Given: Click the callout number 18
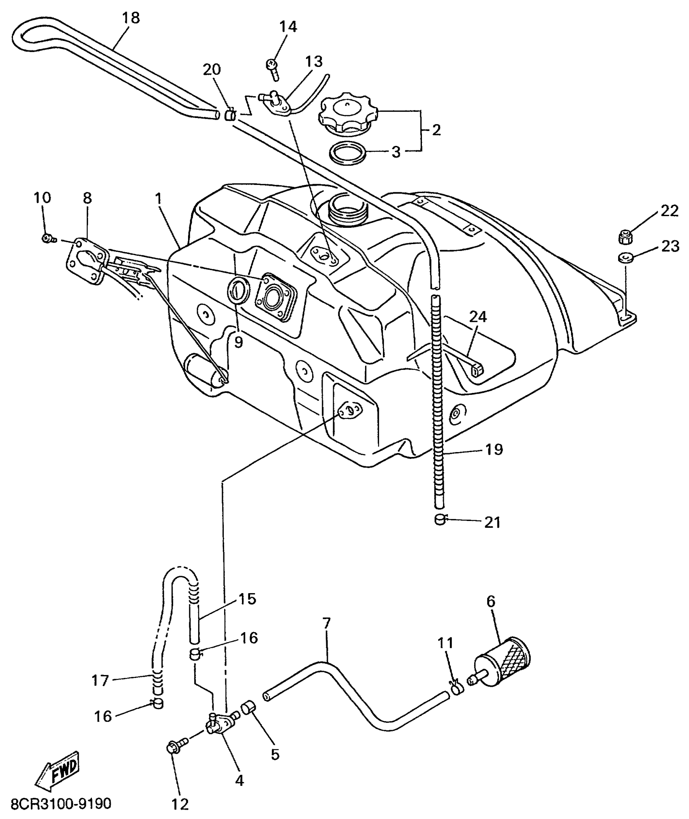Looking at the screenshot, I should click(x=131, y=18).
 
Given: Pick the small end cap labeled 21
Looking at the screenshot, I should click(x=440, y=520).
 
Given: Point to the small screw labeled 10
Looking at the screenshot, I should click(x=47, y=239).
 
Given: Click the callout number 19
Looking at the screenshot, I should click(x=493, y=449).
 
